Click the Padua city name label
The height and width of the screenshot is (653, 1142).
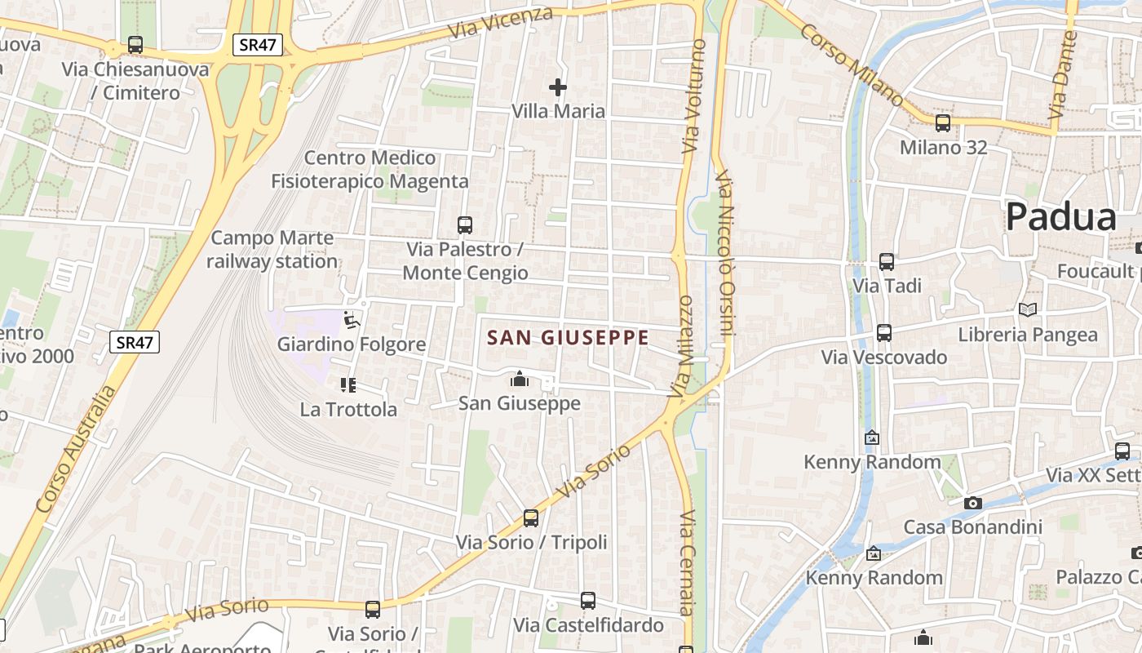(x=1060, y=217)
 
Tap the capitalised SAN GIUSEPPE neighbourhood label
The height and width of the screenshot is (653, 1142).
(x=568, y=337)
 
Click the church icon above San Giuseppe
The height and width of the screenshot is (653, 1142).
(x=519, y=380)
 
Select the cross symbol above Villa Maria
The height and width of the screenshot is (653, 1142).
(x=558, y=87)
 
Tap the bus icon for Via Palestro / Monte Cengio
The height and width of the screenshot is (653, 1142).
(x=465, y=225)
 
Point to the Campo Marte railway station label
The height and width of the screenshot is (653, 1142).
(x=272, y=250)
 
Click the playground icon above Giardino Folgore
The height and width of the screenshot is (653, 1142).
(x=352, y=321)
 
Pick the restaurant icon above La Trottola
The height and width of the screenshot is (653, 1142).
(x=348, y=385)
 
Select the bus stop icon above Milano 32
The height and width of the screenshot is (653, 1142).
(x=943, y=124)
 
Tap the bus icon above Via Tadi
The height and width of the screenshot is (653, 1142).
(x=887, y=262)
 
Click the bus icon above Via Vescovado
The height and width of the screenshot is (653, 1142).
(x=884, y=333)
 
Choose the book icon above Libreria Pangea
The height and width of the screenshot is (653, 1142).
(x=1027, y=310)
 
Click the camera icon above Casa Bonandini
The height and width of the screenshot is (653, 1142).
(x=972, y=503)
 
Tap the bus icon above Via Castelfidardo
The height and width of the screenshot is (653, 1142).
(x=588, y=602)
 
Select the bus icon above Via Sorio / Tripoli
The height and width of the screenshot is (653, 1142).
(x=531, y=518)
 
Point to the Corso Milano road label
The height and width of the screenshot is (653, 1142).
(x=852, y=64)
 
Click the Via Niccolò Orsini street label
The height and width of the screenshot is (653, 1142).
(x=726, y=253)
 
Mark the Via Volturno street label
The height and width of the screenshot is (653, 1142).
(x=693, y=96)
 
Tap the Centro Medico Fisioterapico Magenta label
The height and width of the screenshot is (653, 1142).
(x=370, y=169)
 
